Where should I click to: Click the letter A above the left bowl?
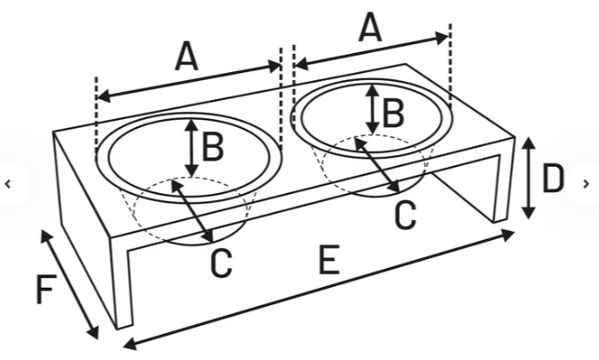187,57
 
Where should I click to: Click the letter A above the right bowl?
370,27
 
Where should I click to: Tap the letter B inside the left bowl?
213,148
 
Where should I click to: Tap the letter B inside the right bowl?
393,113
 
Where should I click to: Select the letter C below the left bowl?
222,263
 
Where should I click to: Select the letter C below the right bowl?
405,215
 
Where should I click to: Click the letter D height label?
553,178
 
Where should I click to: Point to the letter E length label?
329,260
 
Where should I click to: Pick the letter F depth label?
46,290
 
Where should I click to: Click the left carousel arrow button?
8,184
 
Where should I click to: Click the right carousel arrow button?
586,184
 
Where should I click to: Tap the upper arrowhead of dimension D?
529,143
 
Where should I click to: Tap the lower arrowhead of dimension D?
529,212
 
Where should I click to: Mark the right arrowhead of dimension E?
508,235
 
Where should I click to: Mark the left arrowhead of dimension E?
130,343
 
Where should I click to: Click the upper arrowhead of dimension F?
46,237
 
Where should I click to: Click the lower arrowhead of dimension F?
93,332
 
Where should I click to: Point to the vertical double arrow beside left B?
192,149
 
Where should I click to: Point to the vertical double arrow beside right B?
372,110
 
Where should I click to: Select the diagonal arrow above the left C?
192,211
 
